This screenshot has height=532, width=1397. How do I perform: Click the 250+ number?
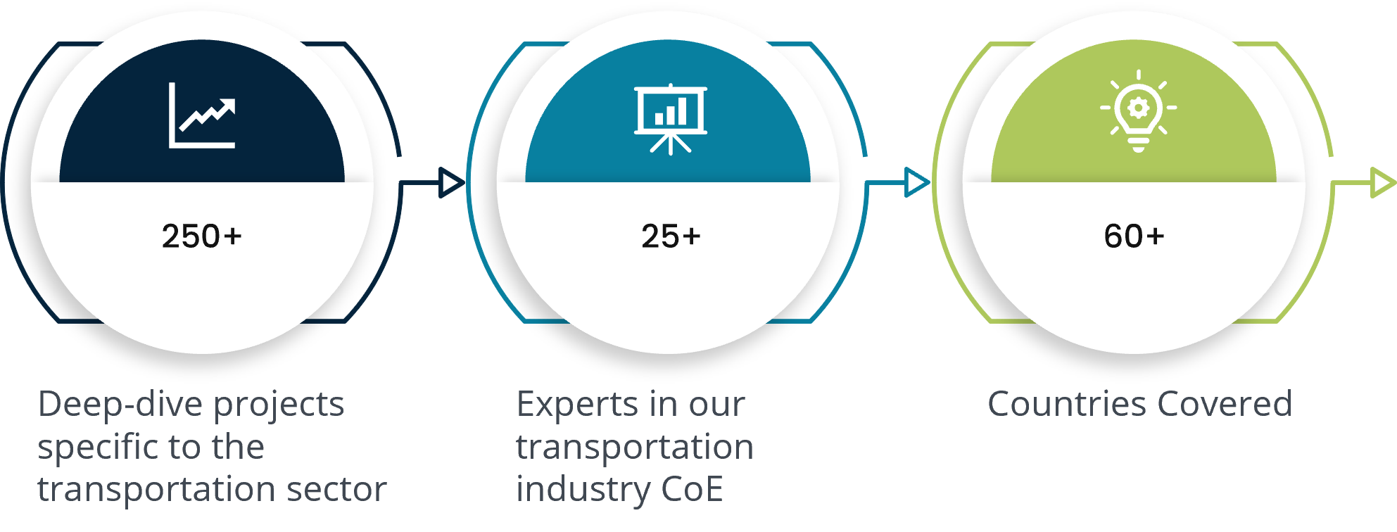pos(202,236)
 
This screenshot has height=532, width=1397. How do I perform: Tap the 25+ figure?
pos(671,236)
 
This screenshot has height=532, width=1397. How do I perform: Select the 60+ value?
pos(1134,236)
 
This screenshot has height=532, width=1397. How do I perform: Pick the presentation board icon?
pos(671,119)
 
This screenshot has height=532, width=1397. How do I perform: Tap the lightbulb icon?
pos(1138,110)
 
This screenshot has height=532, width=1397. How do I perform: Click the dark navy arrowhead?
pos(451,183)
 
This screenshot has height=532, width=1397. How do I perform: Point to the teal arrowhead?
pos(917,183)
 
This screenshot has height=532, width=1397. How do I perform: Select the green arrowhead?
pos(1384,183)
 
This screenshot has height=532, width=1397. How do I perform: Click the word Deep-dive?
pos(121,405)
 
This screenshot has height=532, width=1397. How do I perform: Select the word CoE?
pos(693,489)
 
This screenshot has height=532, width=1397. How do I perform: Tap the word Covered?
pos(1225,404)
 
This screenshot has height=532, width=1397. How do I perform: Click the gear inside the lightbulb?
pos(1138,108)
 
